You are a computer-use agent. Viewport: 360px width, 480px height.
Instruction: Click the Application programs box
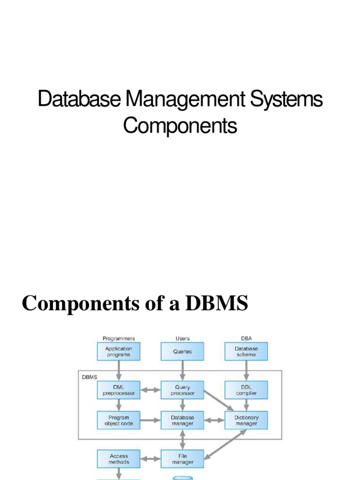click(x=119, y=352)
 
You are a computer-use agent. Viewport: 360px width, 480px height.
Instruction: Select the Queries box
click(x=182, y=352)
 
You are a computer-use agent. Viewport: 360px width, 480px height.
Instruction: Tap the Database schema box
click(x=246, y=352)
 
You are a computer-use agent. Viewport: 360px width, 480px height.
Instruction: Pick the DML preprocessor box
click(x=119, y=390)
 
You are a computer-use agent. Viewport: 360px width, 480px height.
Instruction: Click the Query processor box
click(x=182, y=390)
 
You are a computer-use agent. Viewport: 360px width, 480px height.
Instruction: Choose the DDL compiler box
click(x=246, y=390)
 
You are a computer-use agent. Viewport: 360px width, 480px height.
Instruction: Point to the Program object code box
click(x=119, y=420)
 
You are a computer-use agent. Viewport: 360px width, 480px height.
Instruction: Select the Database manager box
click(x=182, y=420)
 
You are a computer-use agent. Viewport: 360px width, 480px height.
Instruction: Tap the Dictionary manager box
click(x=246, y=420)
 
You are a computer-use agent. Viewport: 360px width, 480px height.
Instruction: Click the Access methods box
click(x=119, y=458)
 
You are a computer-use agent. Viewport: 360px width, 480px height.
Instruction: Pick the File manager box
click(x=182, y=458)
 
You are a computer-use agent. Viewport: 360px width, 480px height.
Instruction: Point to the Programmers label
click(x=119, y=338)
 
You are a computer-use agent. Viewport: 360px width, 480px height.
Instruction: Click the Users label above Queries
click(x=182, y=338)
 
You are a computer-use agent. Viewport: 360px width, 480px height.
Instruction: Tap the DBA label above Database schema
click(x=246, y=338)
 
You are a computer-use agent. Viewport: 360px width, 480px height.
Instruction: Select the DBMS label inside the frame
click(x=90, y=377)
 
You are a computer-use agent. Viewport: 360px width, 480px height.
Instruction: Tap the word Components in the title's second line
click(x=180, y=127)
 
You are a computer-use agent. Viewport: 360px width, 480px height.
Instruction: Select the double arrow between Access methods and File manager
click(x=150, y=458)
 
